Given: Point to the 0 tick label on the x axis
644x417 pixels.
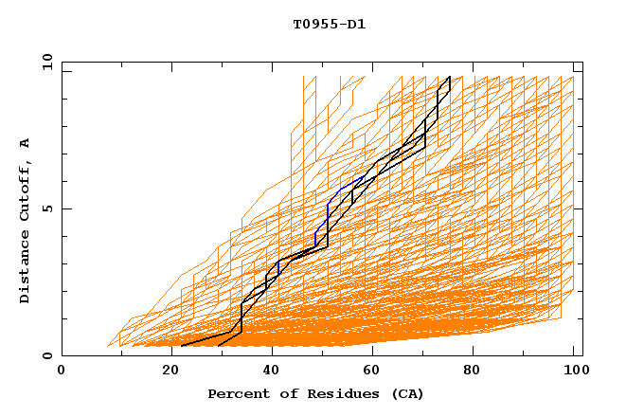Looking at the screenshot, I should point(62,372).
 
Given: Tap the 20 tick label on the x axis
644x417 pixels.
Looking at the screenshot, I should point(166,372).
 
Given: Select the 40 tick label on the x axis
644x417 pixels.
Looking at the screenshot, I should point(270,372).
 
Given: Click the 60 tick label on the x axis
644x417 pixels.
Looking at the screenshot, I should point(374,372).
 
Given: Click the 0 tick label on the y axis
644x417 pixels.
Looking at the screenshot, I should point(47,356).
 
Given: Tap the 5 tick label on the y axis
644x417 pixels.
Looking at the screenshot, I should point(47,208).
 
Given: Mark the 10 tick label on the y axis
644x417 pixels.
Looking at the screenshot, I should point(44,62).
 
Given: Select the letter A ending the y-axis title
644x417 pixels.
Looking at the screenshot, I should point(26,143).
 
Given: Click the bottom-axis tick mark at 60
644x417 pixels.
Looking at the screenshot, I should point(374,352).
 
